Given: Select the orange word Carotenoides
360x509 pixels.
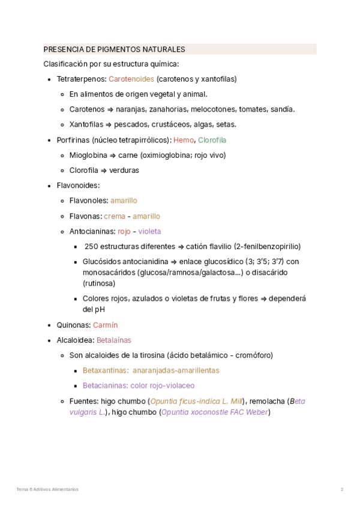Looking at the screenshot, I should point(131,79).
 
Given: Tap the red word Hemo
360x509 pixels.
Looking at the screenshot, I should point(183,140).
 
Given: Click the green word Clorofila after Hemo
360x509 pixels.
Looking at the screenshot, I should point(212,140).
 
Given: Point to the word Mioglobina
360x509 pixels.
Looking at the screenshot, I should point(89,155).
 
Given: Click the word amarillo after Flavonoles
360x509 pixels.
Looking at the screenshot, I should point(124,200).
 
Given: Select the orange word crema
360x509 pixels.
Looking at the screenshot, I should point(115,216).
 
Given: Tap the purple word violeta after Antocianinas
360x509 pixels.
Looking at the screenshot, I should point(150,231).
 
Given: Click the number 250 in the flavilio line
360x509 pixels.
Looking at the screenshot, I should point(91,246).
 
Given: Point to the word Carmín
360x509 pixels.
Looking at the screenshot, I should point(105,325).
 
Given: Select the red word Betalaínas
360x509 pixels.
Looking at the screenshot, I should point(113,340).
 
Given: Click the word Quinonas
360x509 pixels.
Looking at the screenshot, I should point(73,325).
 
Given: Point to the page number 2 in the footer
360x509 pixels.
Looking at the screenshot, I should point(342,489).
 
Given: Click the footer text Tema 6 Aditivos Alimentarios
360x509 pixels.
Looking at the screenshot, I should point(47,489).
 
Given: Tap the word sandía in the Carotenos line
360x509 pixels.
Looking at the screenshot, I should point(283,109).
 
